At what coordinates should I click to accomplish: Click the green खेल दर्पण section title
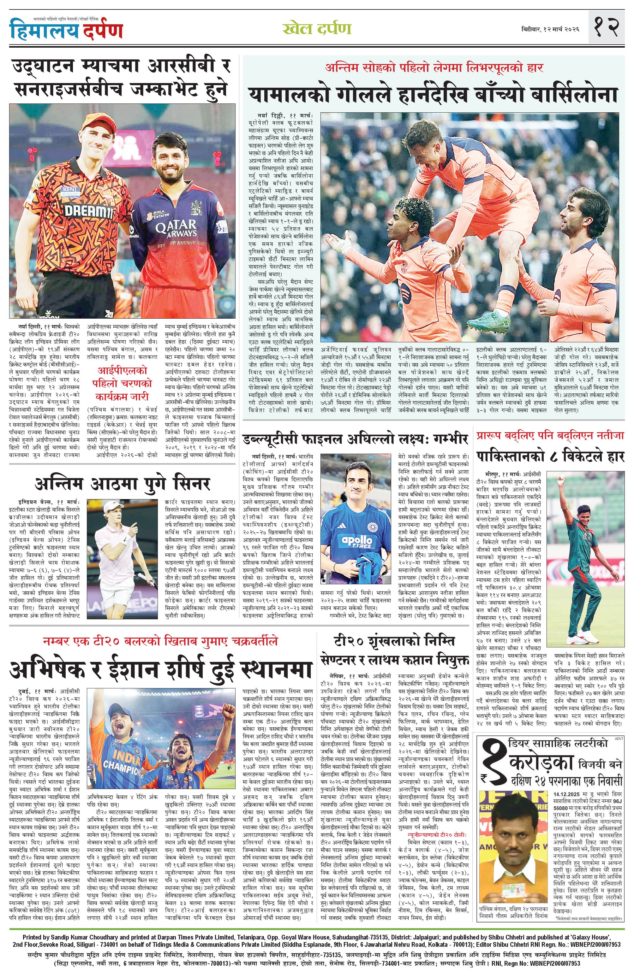317,29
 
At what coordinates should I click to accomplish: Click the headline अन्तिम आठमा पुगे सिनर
123,482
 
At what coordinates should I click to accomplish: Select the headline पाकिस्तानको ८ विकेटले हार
550,457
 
